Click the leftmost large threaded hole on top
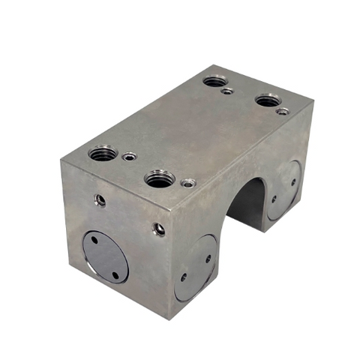pyautogui.click(x=103, y=154)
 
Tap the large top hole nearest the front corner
pyautogui.click(x=160, y=178)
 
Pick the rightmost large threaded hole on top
pyautogui.click(x=267, y=99)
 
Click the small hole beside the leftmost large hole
pyautogui.click(x=130, y=157)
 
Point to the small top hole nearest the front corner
pyautogui.click(x=187, y=182)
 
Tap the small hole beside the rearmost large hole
pyautogui.click(x=228, y=91)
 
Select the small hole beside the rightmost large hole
pyautogui.click(x=282, y=111)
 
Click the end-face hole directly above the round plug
pyautogui.click(x=100, y=199)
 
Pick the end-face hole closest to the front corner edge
pyautogui.click(x=159, y=229)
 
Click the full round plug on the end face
pyautogui.click(x=105, y=256)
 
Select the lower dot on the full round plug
pyautogui.click(x=115, y=274)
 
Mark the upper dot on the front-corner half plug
pyautogui.click(x=208, y=259)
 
